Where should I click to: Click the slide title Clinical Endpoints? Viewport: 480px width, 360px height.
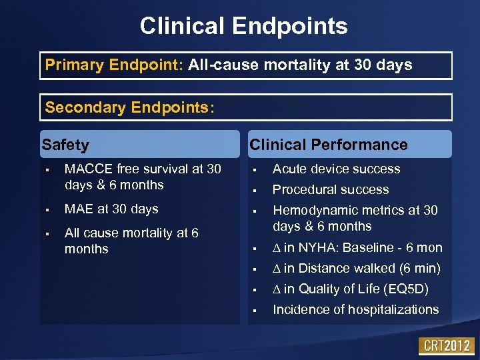point(243,26)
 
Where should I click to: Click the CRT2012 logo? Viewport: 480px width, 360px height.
point(446,346)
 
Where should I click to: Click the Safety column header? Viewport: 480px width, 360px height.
point(65,145)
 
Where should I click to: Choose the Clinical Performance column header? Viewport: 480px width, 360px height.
point(328,145)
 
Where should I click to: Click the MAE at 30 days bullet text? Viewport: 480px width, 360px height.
point(111,209)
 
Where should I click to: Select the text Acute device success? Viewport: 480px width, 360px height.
point(336,169)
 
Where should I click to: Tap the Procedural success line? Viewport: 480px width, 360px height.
point(331,190)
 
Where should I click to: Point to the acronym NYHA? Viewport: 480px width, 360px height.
point(319,248)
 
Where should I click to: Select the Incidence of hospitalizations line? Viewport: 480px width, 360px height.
point(355,310)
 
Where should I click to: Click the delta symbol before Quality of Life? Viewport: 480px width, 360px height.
point(277,289)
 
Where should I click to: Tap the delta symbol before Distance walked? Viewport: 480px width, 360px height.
point(277,269)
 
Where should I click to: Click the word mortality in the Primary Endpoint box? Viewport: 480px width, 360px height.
point(267,65)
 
